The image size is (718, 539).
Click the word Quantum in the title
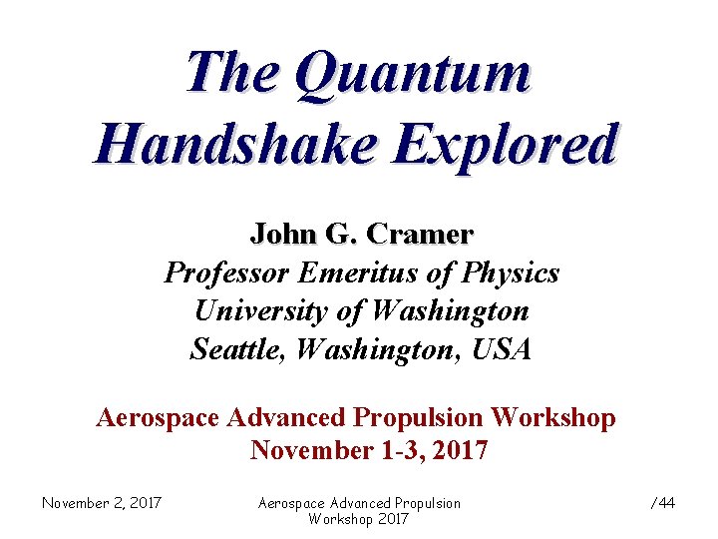point(413,75)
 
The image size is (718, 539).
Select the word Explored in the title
point(505,146)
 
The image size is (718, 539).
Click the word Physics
point(512,272)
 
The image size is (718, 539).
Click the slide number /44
point(663,503)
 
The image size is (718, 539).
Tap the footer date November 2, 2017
point(102,503)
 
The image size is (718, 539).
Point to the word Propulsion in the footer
point(423,503)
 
